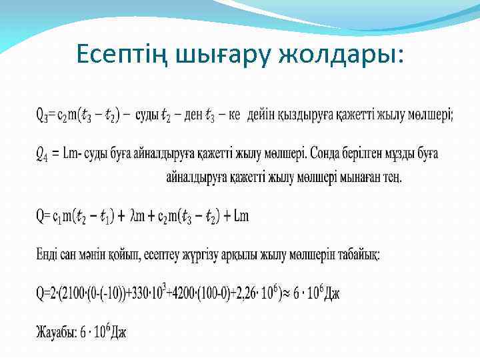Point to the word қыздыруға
pos(304,115)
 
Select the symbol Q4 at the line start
pos(41,155)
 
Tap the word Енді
pos(47,255)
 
